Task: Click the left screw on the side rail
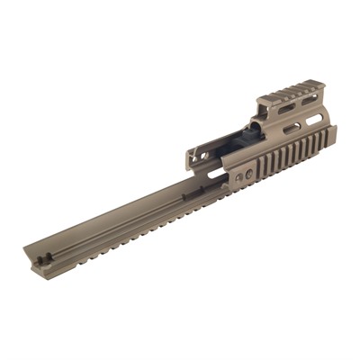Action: pyautogui.click(x=238, y=177)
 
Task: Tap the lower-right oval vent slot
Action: pyautogui.click(x=314, y=117)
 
